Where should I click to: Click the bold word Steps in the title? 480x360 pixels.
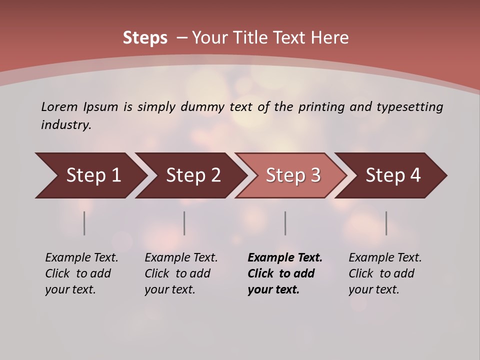point(145,38)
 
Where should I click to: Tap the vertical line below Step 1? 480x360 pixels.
point(84,223)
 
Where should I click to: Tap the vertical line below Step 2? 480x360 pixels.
point(184,223)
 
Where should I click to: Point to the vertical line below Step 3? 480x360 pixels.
point(285,223)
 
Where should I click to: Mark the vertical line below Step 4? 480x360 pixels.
point(386,223)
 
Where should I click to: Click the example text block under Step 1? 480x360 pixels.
point(81,273)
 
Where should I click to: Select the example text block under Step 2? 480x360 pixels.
point(181,273)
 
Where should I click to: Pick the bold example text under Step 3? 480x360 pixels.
point(285,273)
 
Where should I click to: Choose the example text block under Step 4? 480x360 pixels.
point(385,273)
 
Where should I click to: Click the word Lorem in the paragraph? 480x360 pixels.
point(59,107)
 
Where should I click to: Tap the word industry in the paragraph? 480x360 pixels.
point(66,125)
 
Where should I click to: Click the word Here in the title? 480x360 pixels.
point(332,38)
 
